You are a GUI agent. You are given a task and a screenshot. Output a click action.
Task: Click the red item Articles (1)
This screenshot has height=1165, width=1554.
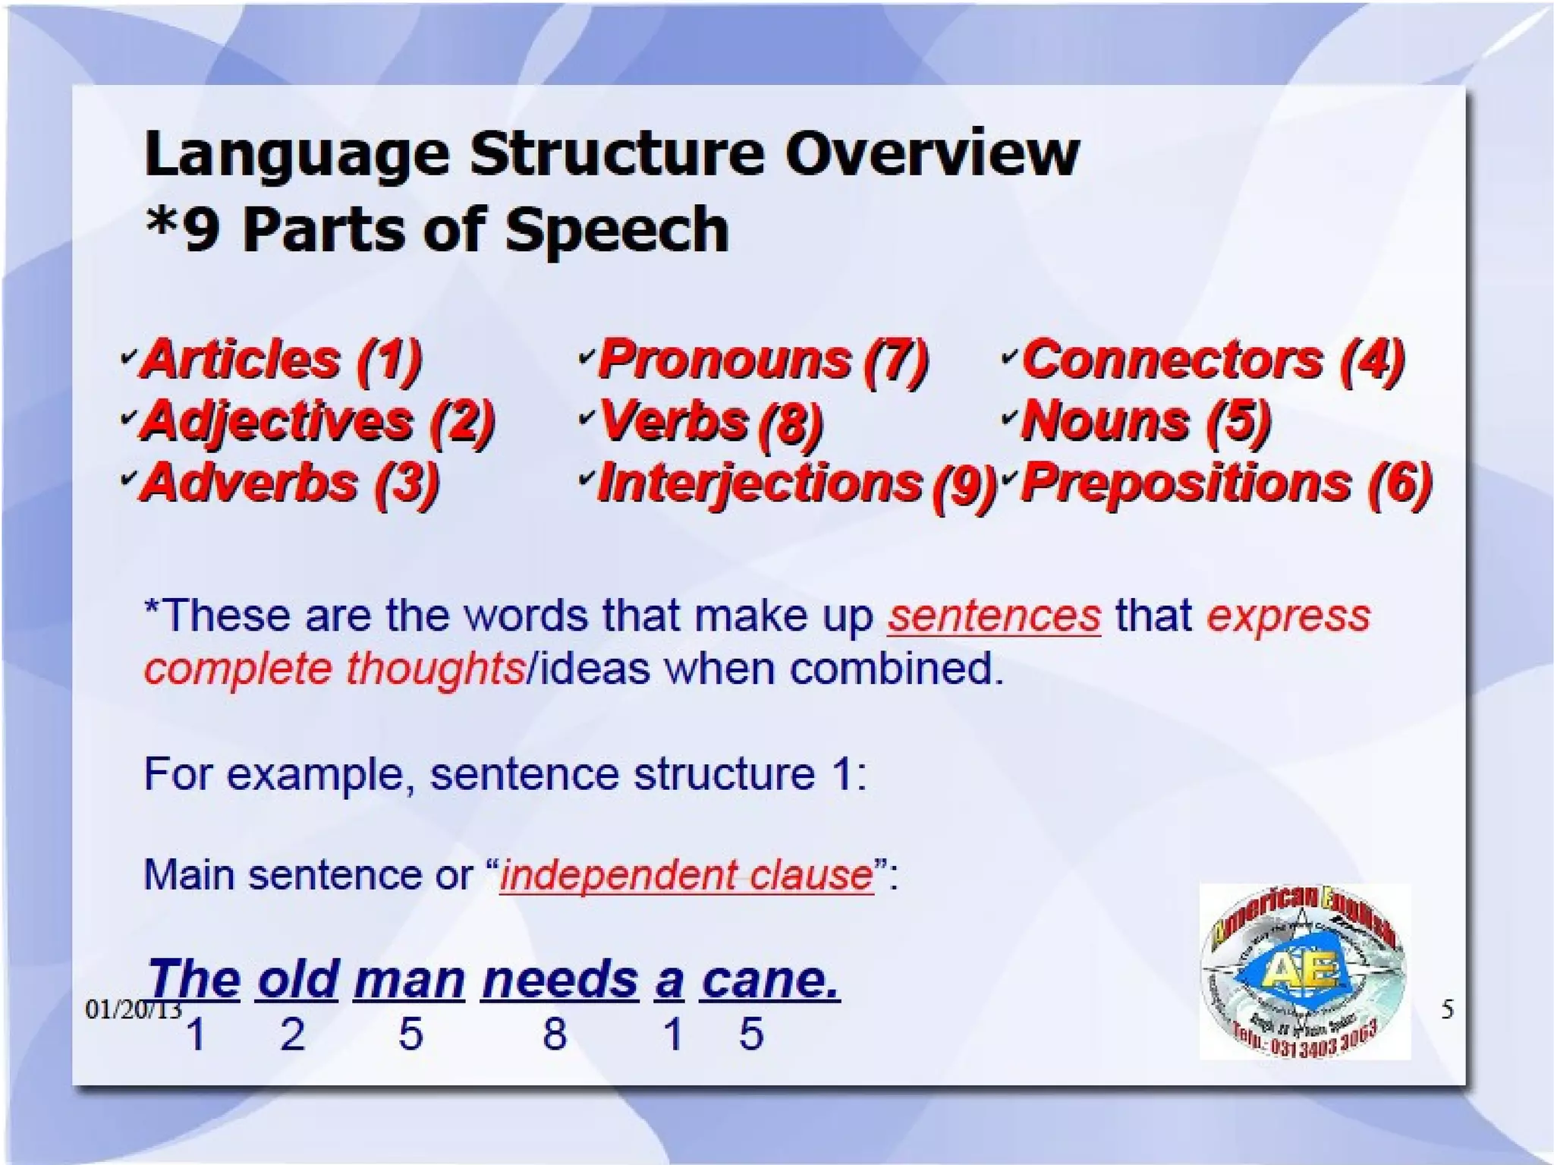281,359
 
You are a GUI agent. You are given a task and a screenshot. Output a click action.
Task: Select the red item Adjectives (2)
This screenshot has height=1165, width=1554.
317,421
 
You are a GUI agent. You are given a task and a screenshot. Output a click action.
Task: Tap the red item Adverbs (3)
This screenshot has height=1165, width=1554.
290,483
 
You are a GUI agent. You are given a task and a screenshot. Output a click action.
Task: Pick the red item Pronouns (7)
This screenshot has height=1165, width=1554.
763,359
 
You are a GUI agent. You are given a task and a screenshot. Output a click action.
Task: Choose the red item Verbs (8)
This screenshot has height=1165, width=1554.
710,421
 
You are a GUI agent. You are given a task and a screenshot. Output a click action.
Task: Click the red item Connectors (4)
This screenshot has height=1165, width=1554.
1213,359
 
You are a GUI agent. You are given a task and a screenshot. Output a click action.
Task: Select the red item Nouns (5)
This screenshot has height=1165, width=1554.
1146,421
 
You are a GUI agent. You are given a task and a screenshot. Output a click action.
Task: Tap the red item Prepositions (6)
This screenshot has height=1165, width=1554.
1226,483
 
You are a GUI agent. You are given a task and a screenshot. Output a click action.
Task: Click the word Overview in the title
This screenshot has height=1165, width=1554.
931,153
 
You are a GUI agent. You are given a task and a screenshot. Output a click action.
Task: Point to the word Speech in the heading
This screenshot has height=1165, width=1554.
616,229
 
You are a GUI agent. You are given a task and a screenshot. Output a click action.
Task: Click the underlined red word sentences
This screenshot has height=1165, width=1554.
994,616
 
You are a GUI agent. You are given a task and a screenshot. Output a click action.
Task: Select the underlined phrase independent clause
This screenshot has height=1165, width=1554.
687,875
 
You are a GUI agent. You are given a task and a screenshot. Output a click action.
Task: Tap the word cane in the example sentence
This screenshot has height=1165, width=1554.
769,980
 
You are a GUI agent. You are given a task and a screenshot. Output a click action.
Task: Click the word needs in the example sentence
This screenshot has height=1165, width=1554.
560,980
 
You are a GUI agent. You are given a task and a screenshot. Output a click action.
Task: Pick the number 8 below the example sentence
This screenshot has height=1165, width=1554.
555,1034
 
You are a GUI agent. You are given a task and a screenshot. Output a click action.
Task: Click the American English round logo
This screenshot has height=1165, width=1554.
1304,972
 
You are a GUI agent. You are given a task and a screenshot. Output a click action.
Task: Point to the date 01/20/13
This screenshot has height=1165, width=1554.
133,1009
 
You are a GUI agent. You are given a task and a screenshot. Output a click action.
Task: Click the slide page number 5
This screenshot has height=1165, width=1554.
1447,1009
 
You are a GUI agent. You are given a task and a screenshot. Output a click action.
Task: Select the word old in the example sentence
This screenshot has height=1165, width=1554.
297,980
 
